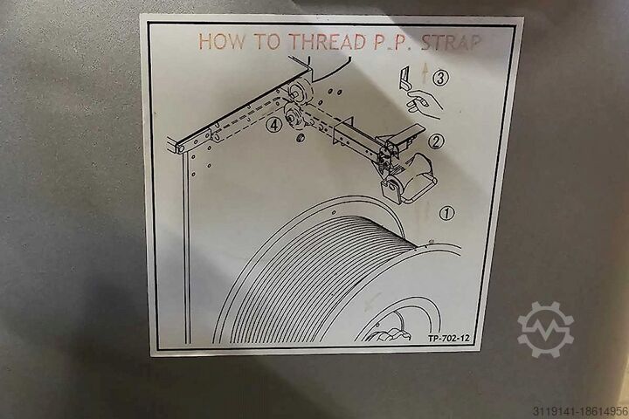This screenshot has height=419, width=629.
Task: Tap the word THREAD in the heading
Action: tap(328, 41)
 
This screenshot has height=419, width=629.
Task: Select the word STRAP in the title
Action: tap(451, 42)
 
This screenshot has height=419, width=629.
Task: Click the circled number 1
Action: tap(446, 213)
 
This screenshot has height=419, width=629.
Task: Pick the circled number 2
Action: tap(437, 141)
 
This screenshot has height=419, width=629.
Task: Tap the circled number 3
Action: tap(440, 78)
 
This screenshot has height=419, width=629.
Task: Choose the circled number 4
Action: tap(273, 125)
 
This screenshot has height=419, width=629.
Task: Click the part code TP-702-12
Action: tap(448, 338)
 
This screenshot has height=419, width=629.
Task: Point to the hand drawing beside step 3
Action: tap(424, 103)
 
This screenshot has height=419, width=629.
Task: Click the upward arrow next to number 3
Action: tap(424, 75)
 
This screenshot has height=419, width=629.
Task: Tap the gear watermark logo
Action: tap(545, 330)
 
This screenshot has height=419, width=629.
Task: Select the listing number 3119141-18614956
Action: tap(580, 411)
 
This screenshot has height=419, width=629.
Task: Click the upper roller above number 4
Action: tap(300, 92)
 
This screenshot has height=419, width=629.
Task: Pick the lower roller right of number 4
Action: tap(294, 117)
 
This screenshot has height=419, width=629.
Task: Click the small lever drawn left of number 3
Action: tap(405, 78)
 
